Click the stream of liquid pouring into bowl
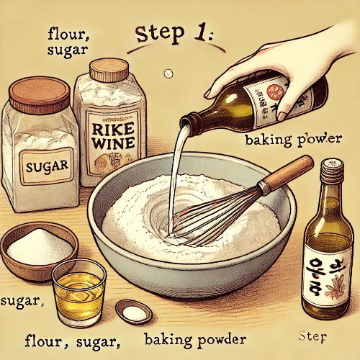[175, 173]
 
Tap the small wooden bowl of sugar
[40, 249]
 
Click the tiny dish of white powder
[133, 311]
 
